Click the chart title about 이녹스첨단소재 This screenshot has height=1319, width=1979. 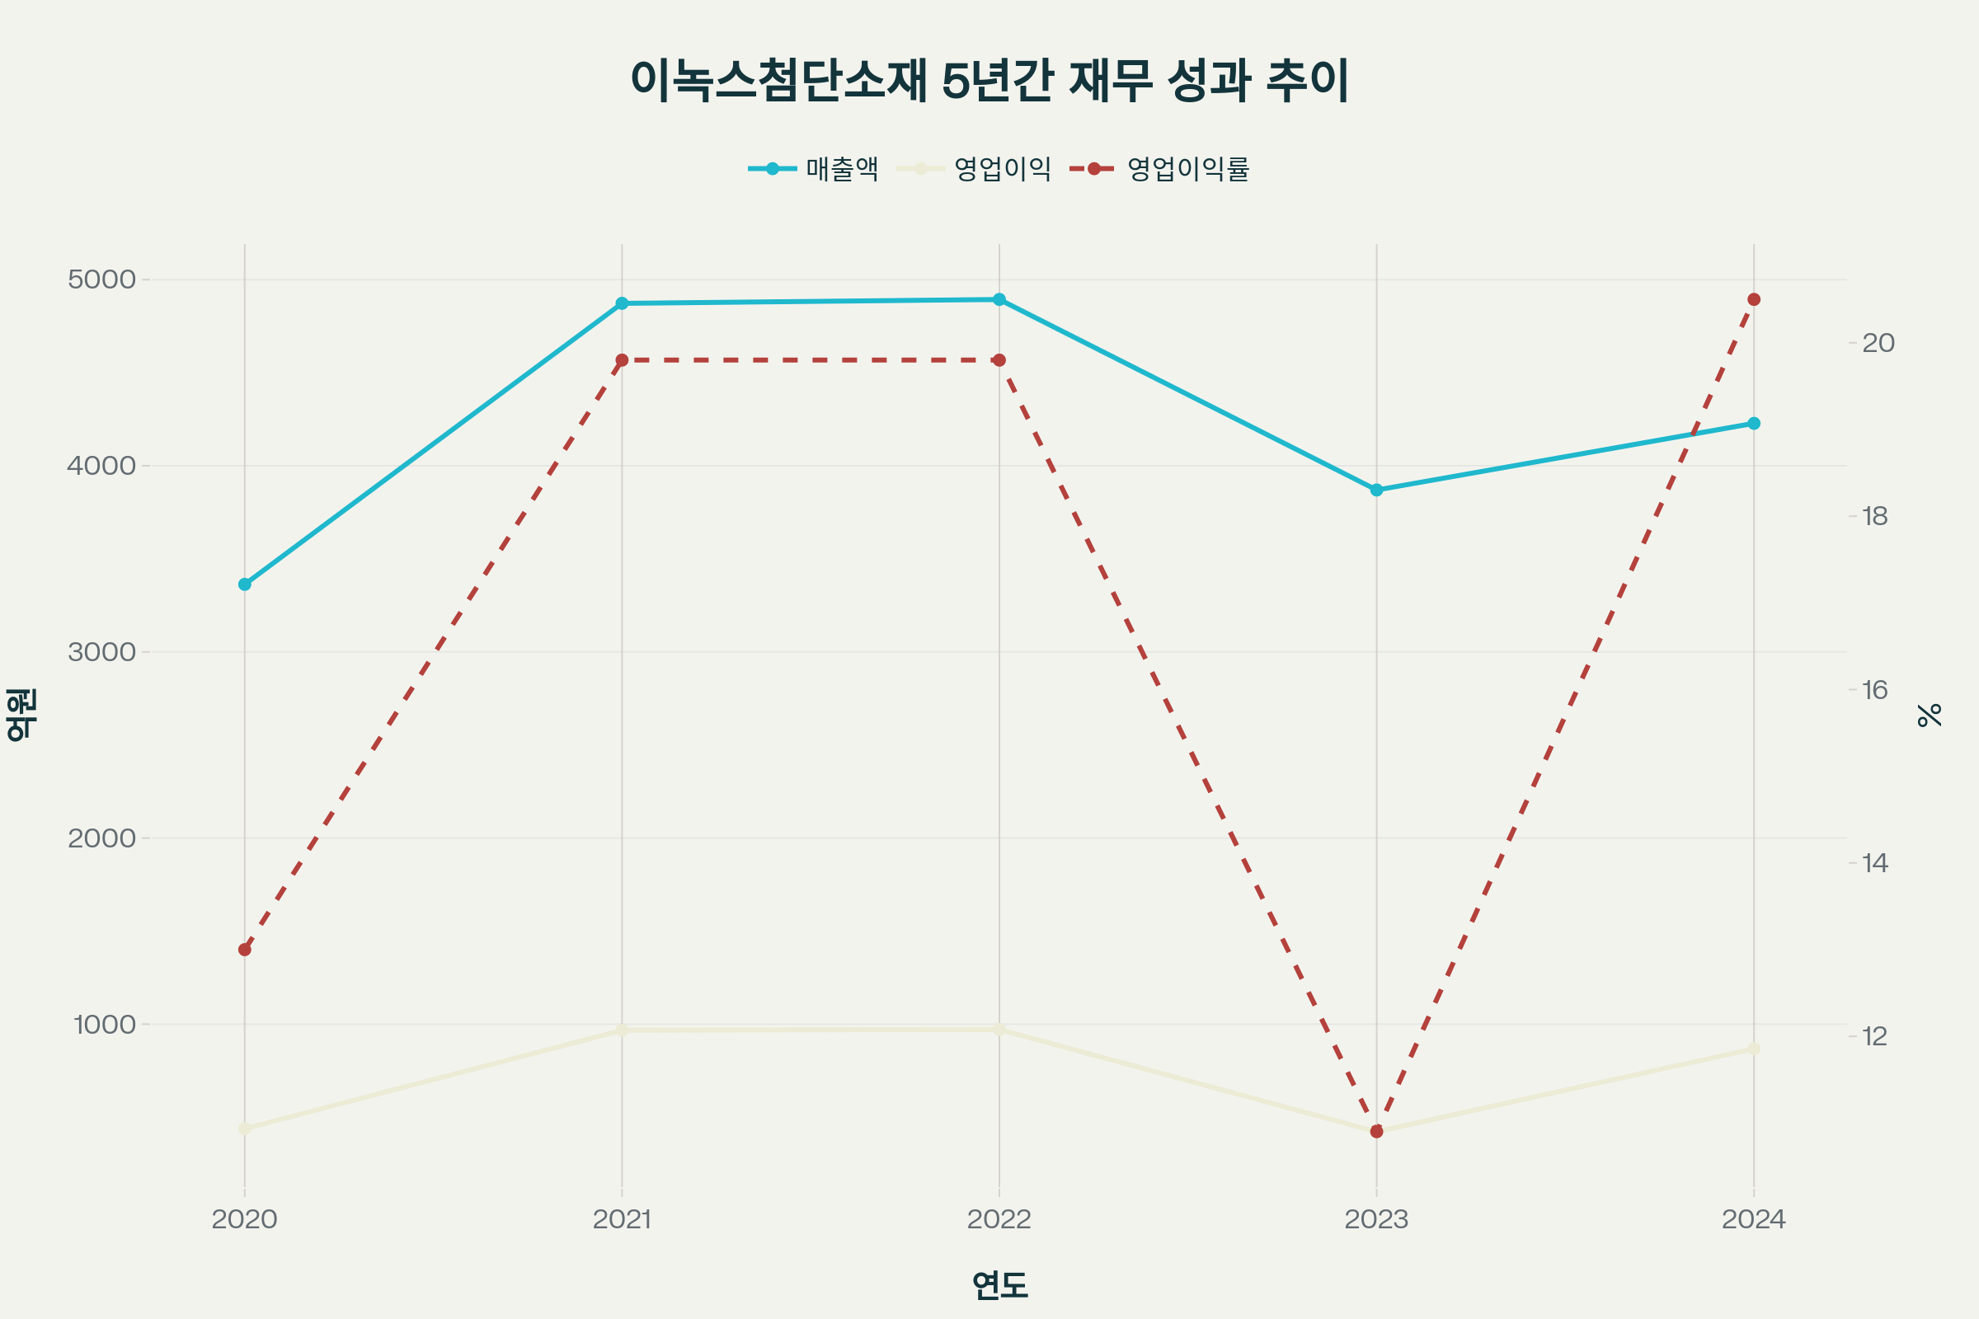(x=989, y=81)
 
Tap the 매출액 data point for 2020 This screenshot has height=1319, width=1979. (x=245, y=584)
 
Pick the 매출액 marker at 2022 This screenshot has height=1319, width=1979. (x=999, y=299)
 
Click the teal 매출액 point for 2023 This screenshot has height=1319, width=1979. (x=1376, y=490)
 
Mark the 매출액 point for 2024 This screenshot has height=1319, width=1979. (x=1754, y=423)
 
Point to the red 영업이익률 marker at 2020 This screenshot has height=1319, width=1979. (x=245, y=950)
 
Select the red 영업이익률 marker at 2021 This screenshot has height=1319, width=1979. (x=622, y=360)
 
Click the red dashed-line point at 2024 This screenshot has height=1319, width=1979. (x=1754, y=299)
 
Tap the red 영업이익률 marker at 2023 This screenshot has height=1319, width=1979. (x=1376, y=1131)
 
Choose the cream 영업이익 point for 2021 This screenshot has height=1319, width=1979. (x=622, y=1030)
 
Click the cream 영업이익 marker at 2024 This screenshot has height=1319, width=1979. (x=1754, y=1049)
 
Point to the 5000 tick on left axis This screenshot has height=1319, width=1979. (x=101, y=279)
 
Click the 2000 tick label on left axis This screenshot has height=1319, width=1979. (x=101, y=838)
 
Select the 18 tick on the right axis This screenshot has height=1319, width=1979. (x=1874, y=517)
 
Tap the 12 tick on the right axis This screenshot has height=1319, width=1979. (x=1874, y=1036)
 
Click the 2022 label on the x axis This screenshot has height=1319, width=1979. (x=999, y=1220)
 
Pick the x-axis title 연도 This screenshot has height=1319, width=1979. (x=999, y=1284)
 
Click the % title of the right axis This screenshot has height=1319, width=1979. (x=1930, y=715)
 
